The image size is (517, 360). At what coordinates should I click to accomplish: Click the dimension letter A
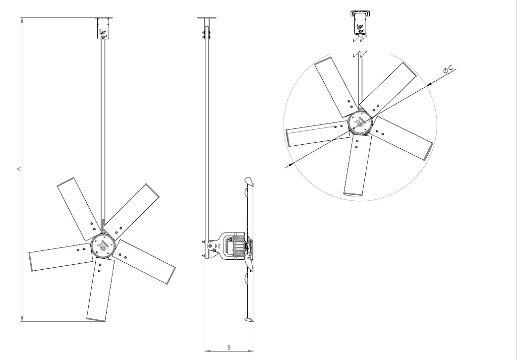(19, 169)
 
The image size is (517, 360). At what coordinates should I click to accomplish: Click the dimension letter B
(229, 347)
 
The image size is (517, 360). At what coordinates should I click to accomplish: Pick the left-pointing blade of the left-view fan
(59, 257)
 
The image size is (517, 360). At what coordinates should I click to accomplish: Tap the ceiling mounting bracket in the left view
(104, 29)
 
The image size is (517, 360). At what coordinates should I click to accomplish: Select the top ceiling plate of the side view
(207, 18)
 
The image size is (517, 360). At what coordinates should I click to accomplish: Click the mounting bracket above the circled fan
(360, 22)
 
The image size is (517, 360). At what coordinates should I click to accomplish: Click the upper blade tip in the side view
(249, 180)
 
